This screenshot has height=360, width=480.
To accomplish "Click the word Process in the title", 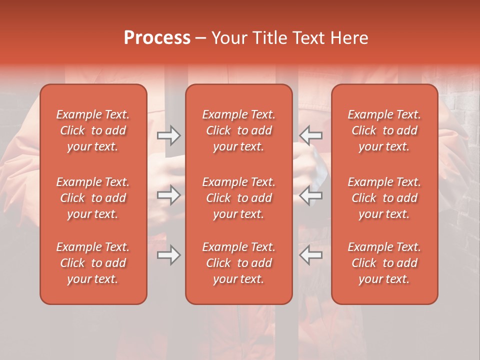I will click(x=157, y=38).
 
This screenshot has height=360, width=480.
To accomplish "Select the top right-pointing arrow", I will click(x=168, y=135).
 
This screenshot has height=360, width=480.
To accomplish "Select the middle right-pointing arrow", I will click(x=168, y=195).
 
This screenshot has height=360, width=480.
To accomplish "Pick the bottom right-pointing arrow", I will click(x=168, y=255).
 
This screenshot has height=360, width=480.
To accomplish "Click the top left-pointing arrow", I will click(x=310, y=135).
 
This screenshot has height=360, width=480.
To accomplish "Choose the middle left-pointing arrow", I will click(x=310, y=195).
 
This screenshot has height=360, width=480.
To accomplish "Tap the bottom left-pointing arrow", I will click(x=310, y=255).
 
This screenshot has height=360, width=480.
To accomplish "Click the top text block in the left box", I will click(x=93, y=130).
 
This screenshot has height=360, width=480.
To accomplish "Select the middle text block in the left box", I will click(x=93, y=198).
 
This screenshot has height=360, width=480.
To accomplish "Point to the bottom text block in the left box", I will click(x=93, y=263).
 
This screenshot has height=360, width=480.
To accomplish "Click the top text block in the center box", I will click(x=238, y=130).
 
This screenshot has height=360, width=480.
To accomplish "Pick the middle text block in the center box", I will click(x=238, y=198).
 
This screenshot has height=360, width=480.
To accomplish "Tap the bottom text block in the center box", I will click(x=238, y=263).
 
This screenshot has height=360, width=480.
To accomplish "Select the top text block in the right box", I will click(x=384, y=130).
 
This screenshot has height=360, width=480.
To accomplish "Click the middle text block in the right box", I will click(x=384, y=198).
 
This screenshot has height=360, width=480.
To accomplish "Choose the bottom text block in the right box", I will click(x=384, y=263).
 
